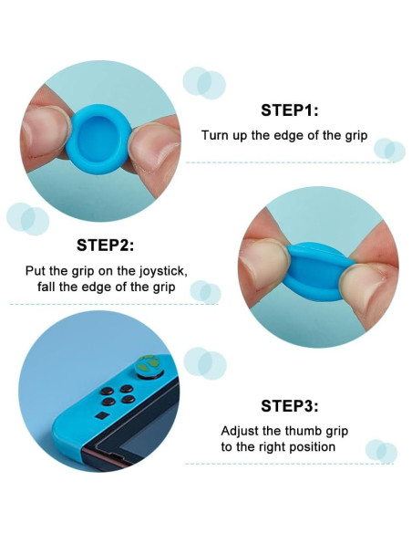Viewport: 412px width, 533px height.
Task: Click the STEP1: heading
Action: coord(290,110)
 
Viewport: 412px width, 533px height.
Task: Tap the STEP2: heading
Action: coord(105,246)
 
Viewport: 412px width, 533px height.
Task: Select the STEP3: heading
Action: coord(290,405)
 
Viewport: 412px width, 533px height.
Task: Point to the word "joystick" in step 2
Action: coord(162,272)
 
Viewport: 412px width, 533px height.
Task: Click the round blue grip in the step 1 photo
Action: coord(98,139)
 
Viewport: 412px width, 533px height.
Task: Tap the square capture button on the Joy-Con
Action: coord(101,415)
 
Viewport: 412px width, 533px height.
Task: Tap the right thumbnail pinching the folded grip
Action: coord(365,288)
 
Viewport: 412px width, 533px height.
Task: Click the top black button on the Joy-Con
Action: coord(127,388)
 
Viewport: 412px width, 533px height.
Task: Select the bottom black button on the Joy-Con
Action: coord(108,402)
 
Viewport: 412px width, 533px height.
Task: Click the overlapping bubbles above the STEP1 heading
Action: coord(204,83)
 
